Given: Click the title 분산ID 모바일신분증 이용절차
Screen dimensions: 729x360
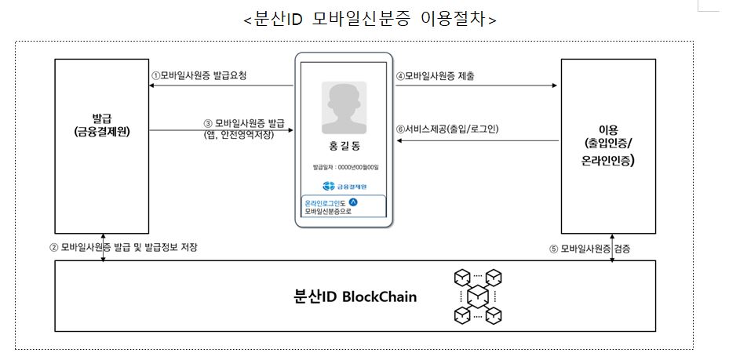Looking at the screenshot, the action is (x=370, y=19).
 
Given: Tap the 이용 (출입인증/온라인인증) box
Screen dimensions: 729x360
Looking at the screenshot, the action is (x=607, y=147).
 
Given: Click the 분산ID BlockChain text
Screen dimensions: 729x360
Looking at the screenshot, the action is (x=355, y=296).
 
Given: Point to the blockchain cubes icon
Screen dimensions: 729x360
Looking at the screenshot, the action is (x=477, y=296).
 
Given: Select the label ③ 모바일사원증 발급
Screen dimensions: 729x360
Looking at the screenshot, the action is (x=243, y=123).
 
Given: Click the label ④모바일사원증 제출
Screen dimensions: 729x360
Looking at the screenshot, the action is (x=435, y=76).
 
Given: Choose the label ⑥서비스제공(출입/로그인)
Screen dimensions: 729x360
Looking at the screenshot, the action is (x=448, y=129).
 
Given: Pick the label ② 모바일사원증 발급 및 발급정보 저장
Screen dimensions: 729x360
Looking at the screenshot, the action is (x=124, y=247).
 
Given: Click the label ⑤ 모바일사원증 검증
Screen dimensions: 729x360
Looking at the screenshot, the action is (x=589, y=249).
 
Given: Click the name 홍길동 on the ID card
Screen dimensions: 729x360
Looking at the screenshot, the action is (x=344, y=146).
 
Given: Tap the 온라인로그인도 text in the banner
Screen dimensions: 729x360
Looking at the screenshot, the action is (x=325, y=203).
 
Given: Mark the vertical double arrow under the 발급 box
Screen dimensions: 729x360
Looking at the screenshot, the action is (x=103, y=246).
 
